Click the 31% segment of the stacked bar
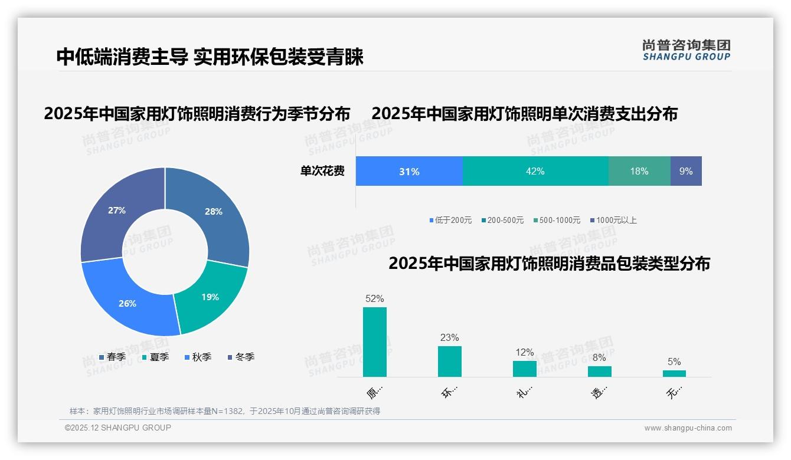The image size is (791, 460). click(x=409, y=172)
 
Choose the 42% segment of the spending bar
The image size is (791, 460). click(x=535, y=172)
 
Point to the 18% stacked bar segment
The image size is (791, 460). click(x=639, y=172)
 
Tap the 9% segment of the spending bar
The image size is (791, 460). click(x=686, y=172)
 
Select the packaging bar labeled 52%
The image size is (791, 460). click(x=375, y=342)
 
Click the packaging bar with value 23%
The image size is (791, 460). click(x=450, y=361)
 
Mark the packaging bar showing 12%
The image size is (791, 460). click(x=525, y=369)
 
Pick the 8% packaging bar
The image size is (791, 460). click(x=599, y=372)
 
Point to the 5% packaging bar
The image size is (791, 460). click(x=674, y=373)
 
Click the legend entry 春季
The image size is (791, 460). click(x=112, y=357)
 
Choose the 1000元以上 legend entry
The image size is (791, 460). click(x=613, y=220)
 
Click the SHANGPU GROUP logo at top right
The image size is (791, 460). click(x=686, y=50)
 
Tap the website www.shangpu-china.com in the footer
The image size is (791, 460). click(x=688, y=428)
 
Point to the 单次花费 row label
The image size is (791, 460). click(x=322, y=172)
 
